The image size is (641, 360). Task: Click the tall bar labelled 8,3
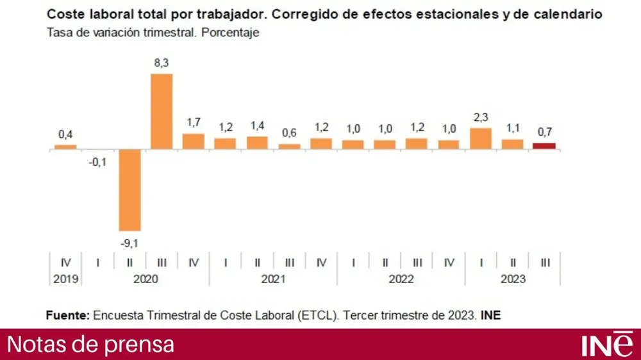[x=162, y=111]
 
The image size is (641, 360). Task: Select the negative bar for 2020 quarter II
[x=129, y=190]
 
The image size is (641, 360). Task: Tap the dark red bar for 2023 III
[x=544, y=146]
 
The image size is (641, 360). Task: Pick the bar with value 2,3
[x=481, y=138]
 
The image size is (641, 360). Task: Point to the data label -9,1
[x=129, y=241]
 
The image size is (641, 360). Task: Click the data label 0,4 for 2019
[x=65, y=135]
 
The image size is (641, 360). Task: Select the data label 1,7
[x=194, y=122]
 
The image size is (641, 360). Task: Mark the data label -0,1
[x=97, y=161]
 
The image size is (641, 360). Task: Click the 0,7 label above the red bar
[x=544, y=133]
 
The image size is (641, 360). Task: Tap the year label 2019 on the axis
[x=65, y=279]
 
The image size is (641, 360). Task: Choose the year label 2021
[x=273, y=279]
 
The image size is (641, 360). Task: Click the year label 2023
[x=513, y=279]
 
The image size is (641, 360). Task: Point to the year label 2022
[x=401, y=279]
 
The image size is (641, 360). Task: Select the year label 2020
[x=146, y=279]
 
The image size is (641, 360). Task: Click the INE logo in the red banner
[x=606, y=344]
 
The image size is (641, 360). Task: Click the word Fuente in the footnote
[x=67, y=315]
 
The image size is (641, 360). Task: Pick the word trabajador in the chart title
[x=222, y=13]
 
